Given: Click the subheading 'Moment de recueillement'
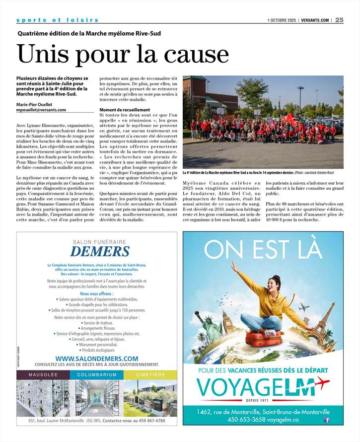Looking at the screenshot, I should (125, 110).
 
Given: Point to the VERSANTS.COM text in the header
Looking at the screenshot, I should (314, 20).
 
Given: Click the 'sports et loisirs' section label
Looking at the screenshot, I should (57, 20).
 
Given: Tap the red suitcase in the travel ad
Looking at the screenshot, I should (262, 339).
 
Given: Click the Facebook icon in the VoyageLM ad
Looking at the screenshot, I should (326, 420).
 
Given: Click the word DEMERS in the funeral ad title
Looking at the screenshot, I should (96, 251).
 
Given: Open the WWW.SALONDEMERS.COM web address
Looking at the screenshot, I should (97, 358).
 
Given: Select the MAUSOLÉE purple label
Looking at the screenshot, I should (43, 374).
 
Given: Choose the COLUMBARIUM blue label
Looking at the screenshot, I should (97, 374).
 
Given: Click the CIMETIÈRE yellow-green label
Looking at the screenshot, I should (150, 374).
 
